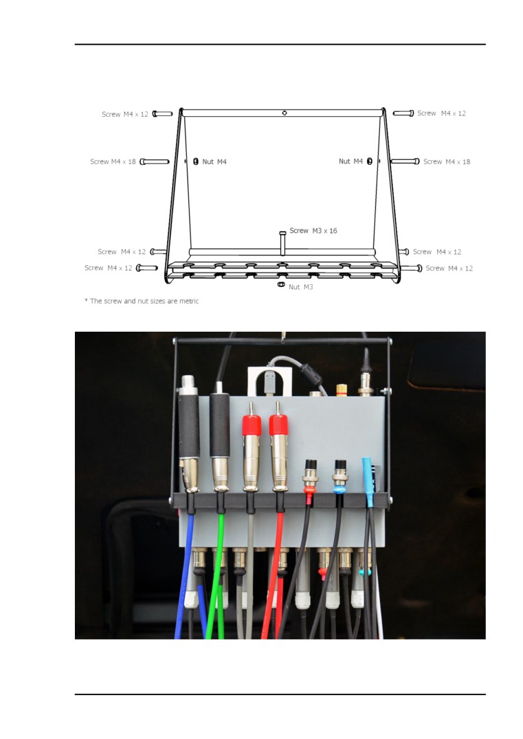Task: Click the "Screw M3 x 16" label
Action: pos(313,231)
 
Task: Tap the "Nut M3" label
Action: pos(301,286)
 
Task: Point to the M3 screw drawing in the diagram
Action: pos(282,242)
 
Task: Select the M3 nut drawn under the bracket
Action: pos(280,284)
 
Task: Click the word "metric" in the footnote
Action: pos(188,301)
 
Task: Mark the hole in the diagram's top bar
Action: pos(285,113)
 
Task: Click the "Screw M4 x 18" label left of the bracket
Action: pos(113,161)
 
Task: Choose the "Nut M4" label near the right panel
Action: pos(350,161)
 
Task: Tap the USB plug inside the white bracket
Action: pos(269,383)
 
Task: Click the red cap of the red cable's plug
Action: pos(278,426)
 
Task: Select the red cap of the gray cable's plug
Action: pos(252,426)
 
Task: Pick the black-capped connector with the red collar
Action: pos(310,476)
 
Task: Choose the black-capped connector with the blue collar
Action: pos(340,476)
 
